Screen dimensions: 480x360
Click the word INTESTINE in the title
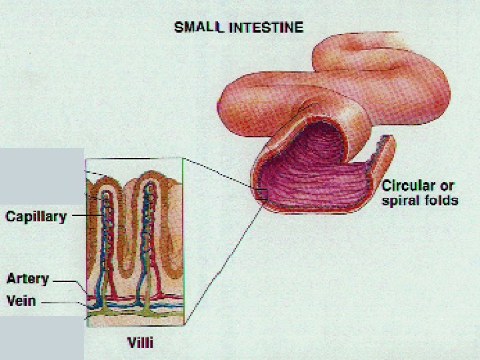pyautogui.click(x=266, y=27)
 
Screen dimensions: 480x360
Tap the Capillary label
pyautogui.click(x=36, y=217)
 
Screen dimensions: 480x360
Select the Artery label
pyautogui.click(x=27, y=278)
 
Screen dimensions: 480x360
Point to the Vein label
pyautogui.click(x=21, y=300)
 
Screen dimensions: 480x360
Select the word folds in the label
pyautogui.click(x=440, y=200)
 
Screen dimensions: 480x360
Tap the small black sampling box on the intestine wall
pyautogui.click(x=261, y=195)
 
